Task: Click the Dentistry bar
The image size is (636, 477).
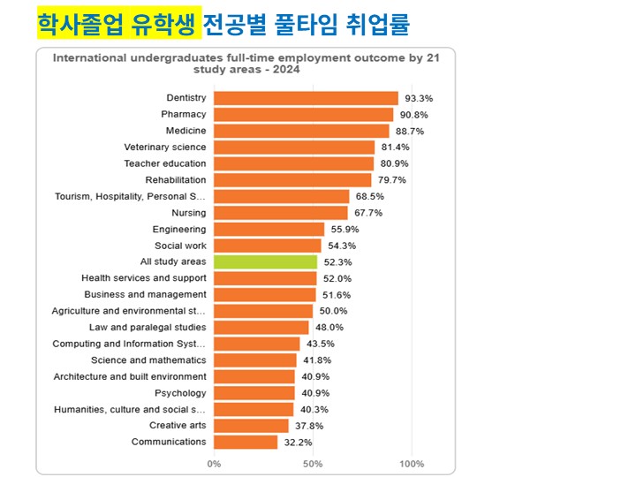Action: click(x=306, y=99)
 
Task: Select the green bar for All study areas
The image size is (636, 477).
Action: click(x=265, y=262)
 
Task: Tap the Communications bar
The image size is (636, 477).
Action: click(x=246, y=443)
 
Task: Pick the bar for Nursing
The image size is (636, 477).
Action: click(x=281, y=213)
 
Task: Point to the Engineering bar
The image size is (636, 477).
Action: click(x=269, y=229)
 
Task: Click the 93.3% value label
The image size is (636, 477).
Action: click(x=419, y=99)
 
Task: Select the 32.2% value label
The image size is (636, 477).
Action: click(x=298, y=443)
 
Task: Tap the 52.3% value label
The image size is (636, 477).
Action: click(x=337, y=262)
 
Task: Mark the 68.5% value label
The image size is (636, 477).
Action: click(x=369, y=197)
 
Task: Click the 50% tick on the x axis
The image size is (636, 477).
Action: click(x=313, y=464)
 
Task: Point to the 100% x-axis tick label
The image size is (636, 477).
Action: click(x=412, y=464)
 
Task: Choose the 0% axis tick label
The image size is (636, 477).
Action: click(x=214, y=464)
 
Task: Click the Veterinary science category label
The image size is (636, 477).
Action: click(x=165, y=148)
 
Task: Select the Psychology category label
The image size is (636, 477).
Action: click(x=180, y=393)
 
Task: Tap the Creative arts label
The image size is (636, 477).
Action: click(x=178, y=426)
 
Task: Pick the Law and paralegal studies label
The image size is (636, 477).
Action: click(x=148, y=328)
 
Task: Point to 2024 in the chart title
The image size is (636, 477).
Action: click(x=286, y=70)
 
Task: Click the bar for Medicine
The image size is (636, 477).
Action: click(x=301, y=131)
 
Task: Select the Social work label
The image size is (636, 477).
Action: click(x=180, y=246)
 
